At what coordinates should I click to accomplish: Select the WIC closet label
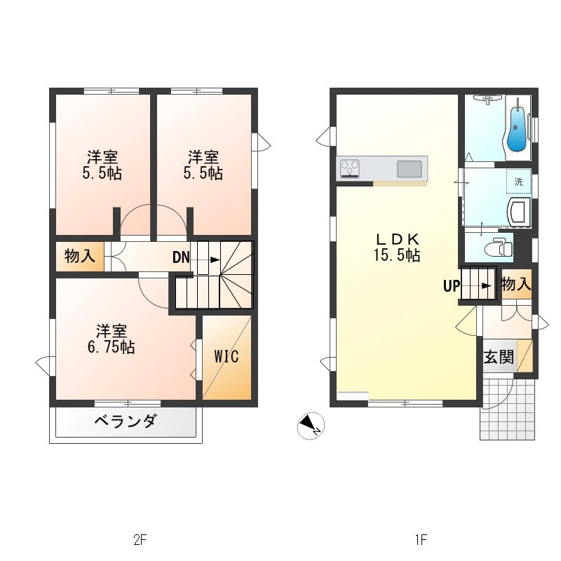(227, 356)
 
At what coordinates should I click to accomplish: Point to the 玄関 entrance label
(499, 356)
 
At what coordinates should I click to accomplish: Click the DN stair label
(181, 257)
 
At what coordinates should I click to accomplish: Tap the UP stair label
(450, 285)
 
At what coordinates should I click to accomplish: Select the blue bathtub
(517, 129)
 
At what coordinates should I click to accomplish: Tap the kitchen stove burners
(349, 168)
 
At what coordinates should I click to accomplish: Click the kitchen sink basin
(410, 168)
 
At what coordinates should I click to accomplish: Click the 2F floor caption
(140, 540)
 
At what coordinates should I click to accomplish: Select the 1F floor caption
(420, 540)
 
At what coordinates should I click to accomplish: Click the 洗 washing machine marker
(519, 182)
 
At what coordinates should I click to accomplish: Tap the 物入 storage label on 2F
(79, 257)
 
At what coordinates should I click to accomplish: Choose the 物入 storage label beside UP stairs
(516, 284)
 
